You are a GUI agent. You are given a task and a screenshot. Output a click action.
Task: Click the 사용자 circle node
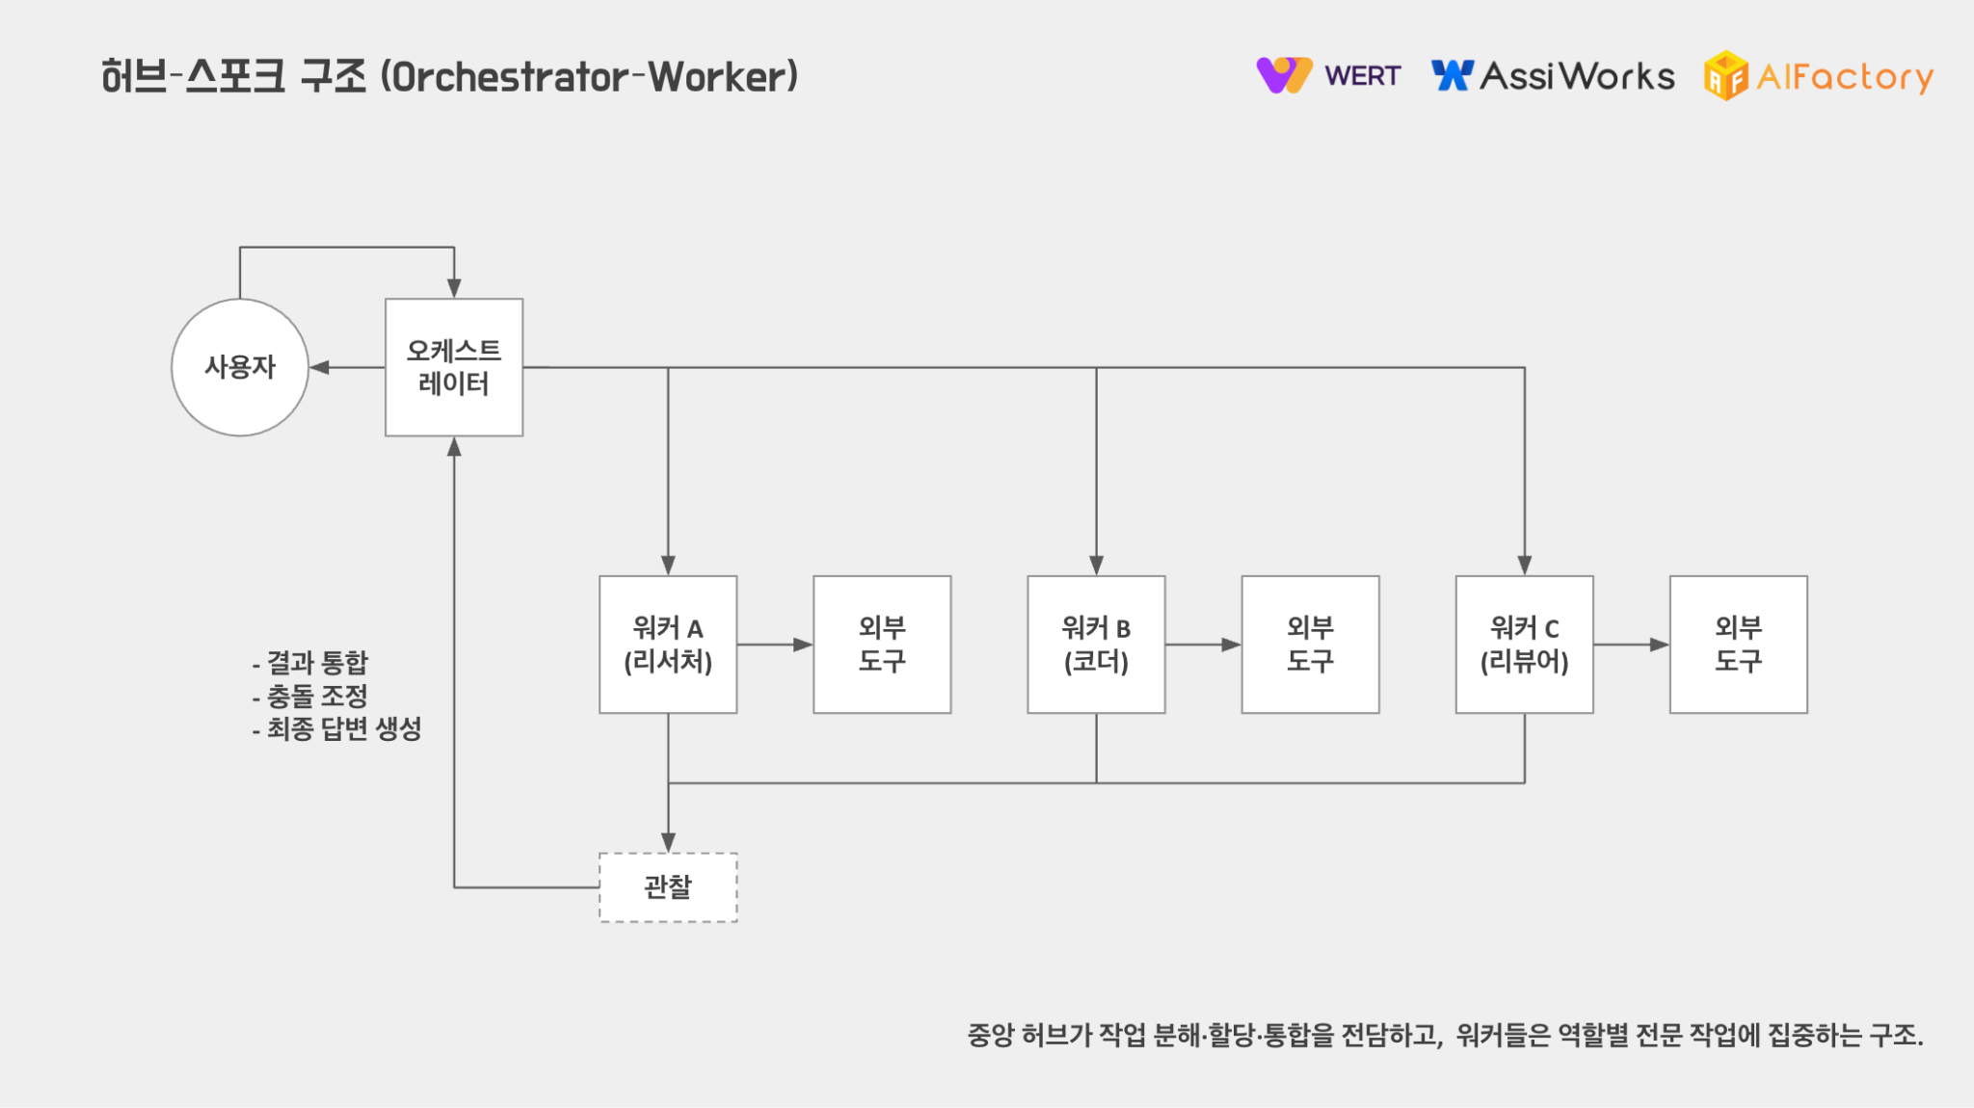coord(240,367)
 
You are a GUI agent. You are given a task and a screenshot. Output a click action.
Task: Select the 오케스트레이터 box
coord(454,367)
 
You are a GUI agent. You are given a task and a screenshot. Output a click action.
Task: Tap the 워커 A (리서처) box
coord(668,645)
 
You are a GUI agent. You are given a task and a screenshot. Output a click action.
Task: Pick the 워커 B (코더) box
coord(1096,645)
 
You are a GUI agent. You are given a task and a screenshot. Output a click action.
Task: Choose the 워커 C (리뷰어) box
coord(1524,645)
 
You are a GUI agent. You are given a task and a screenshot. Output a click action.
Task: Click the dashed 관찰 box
coord(668,887)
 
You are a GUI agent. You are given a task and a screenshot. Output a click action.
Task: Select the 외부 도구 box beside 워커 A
coord(882,645)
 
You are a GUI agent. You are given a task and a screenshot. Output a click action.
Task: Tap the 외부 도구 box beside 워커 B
coord(1310,645)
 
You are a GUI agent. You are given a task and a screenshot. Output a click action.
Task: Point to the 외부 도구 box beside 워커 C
coord(1738,645)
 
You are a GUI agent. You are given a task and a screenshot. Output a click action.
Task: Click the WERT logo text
coord(1362,76)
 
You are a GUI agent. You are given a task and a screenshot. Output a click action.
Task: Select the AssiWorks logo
coord(1554,76)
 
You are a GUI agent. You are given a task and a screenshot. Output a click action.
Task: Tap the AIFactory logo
coord(1820,76)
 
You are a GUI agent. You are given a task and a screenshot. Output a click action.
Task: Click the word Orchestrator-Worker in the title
coord(589,77)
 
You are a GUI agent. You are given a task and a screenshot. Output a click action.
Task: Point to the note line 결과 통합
coord(310,663)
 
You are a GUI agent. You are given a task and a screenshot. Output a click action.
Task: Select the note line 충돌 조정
coord(310,696)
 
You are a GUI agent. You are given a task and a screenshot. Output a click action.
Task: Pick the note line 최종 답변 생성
coord(337,728)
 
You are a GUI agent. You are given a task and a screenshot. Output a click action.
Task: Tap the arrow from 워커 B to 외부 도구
coord(1203,645)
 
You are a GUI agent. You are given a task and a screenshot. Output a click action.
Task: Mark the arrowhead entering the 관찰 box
coord(668,842)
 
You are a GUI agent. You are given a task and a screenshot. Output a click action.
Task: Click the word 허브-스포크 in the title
coord(193,77)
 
